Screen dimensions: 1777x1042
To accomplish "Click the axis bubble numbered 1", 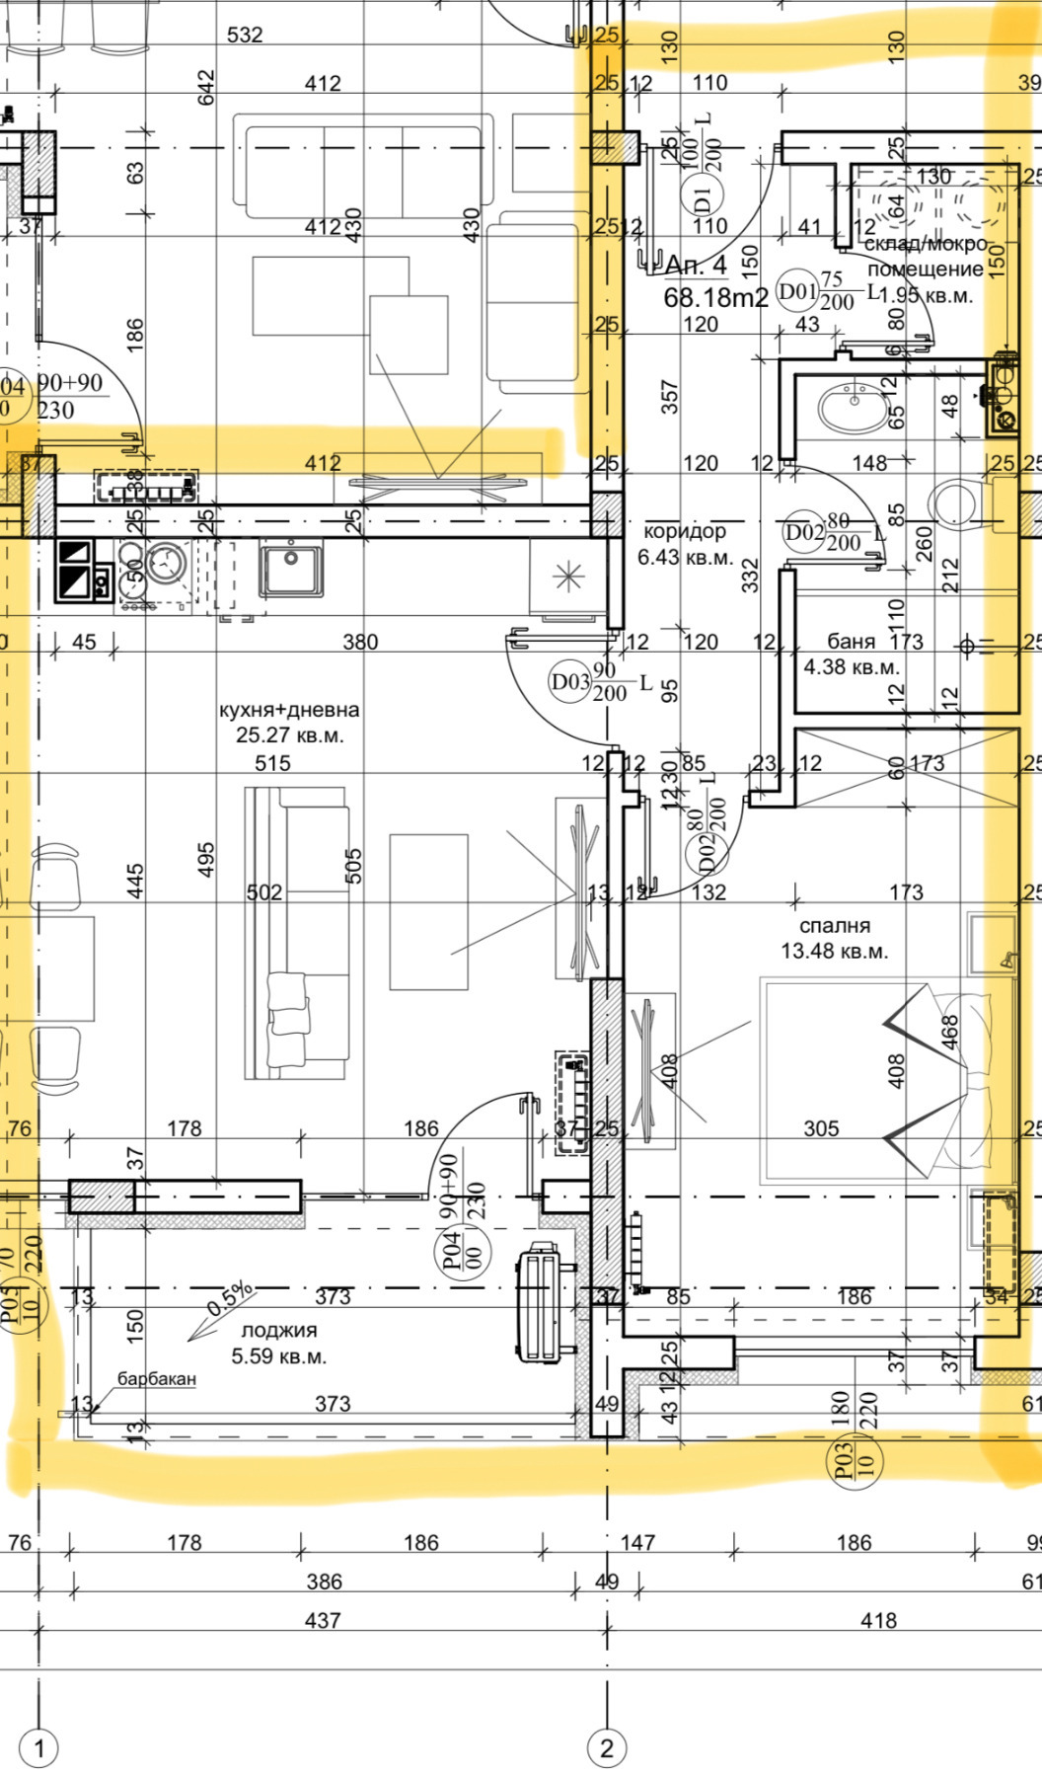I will point(39,1748).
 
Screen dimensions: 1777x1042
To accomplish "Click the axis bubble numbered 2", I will point(607,1748).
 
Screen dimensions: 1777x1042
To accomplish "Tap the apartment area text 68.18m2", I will point(715,296).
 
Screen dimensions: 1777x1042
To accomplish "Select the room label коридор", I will point(685,531).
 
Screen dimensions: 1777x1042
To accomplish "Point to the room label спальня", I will point(835,926).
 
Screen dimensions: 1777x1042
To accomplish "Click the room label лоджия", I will point(279,1331).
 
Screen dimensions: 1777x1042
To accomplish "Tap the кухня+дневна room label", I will point(289,710).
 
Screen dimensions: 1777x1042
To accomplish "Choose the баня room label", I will point(852,642).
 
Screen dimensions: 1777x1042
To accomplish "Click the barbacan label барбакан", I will point(157,1378).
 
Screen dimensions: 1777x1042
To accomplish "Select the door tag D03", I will point(570,681).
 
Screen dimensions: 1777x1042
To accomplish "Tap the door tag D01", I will point(797,292).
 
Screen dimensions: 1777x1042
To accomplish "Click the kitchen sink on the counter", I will point(291,569).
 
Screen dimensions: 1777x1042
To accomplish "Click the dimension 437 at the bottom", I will point(323,1620).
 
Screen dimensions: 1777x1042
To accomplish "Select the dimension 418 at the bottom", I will point(878,1620).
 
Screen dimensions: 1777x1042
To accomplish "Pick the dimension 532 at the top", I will point(245,35).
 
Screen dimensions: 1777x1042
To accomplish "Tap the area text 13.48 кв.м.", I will point(835,952).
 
